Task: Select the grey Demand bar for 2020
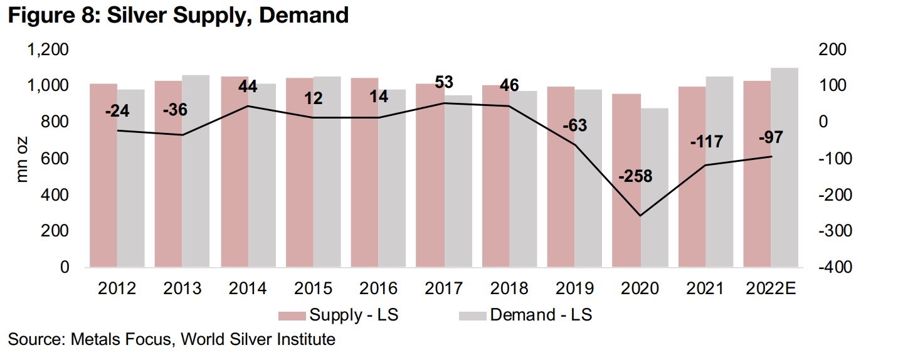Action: (655, 188)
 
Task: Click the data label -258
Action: (635, 176)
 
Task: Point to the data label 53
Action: (444, 82)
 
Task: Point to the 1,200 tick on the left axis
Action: (48, 50)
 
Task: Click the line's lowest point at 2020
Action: (640, 216)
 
